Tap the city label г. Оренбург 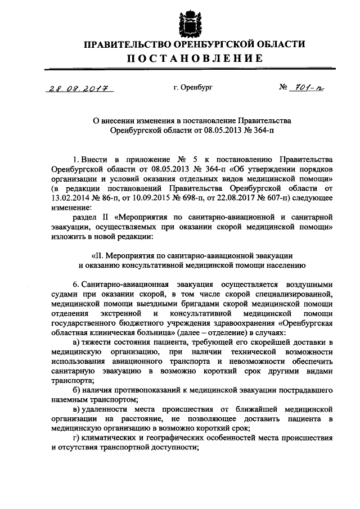[x=193, y=88]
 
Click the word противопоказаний [x=152, y=389]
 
